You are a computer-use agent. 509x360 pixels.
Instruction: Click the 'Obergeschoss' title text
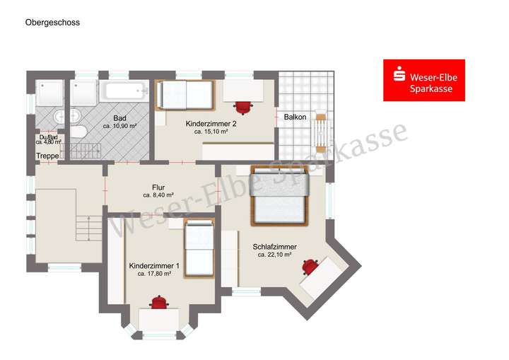(52, 23)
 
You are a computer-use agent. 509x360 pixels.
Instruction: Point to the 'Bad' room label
(119, 118)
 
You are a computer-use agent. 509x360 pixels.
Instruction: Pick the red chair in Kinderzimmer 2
(244, 106)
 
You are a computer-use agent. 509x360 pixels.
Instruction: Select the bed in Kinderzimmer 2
(183, 95)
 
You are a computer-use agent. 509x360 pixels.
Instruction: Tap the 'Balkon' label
(295, 117)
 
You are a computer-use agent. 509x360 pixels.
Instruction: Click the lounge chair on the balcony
(322, 132)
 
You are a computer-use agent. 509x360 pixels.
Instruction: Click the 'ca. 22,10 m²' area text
(274, 255)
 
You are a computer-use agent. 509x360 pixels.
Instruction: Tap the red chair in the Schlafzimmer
(310, 267)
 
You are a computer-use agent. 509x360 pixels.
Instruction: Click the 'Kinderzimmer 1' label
(154, 265)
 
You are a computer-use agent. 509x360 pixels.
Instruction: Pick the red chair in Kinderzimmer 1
(160, 302)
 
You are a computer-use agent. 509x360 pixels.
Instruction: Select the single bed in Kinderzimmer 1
(199, 247)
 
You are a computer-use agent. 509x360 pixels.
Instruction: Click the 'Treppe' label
(47, 156)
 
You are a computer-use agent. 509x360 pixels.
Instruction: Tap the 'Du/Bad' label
(49, 137)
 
